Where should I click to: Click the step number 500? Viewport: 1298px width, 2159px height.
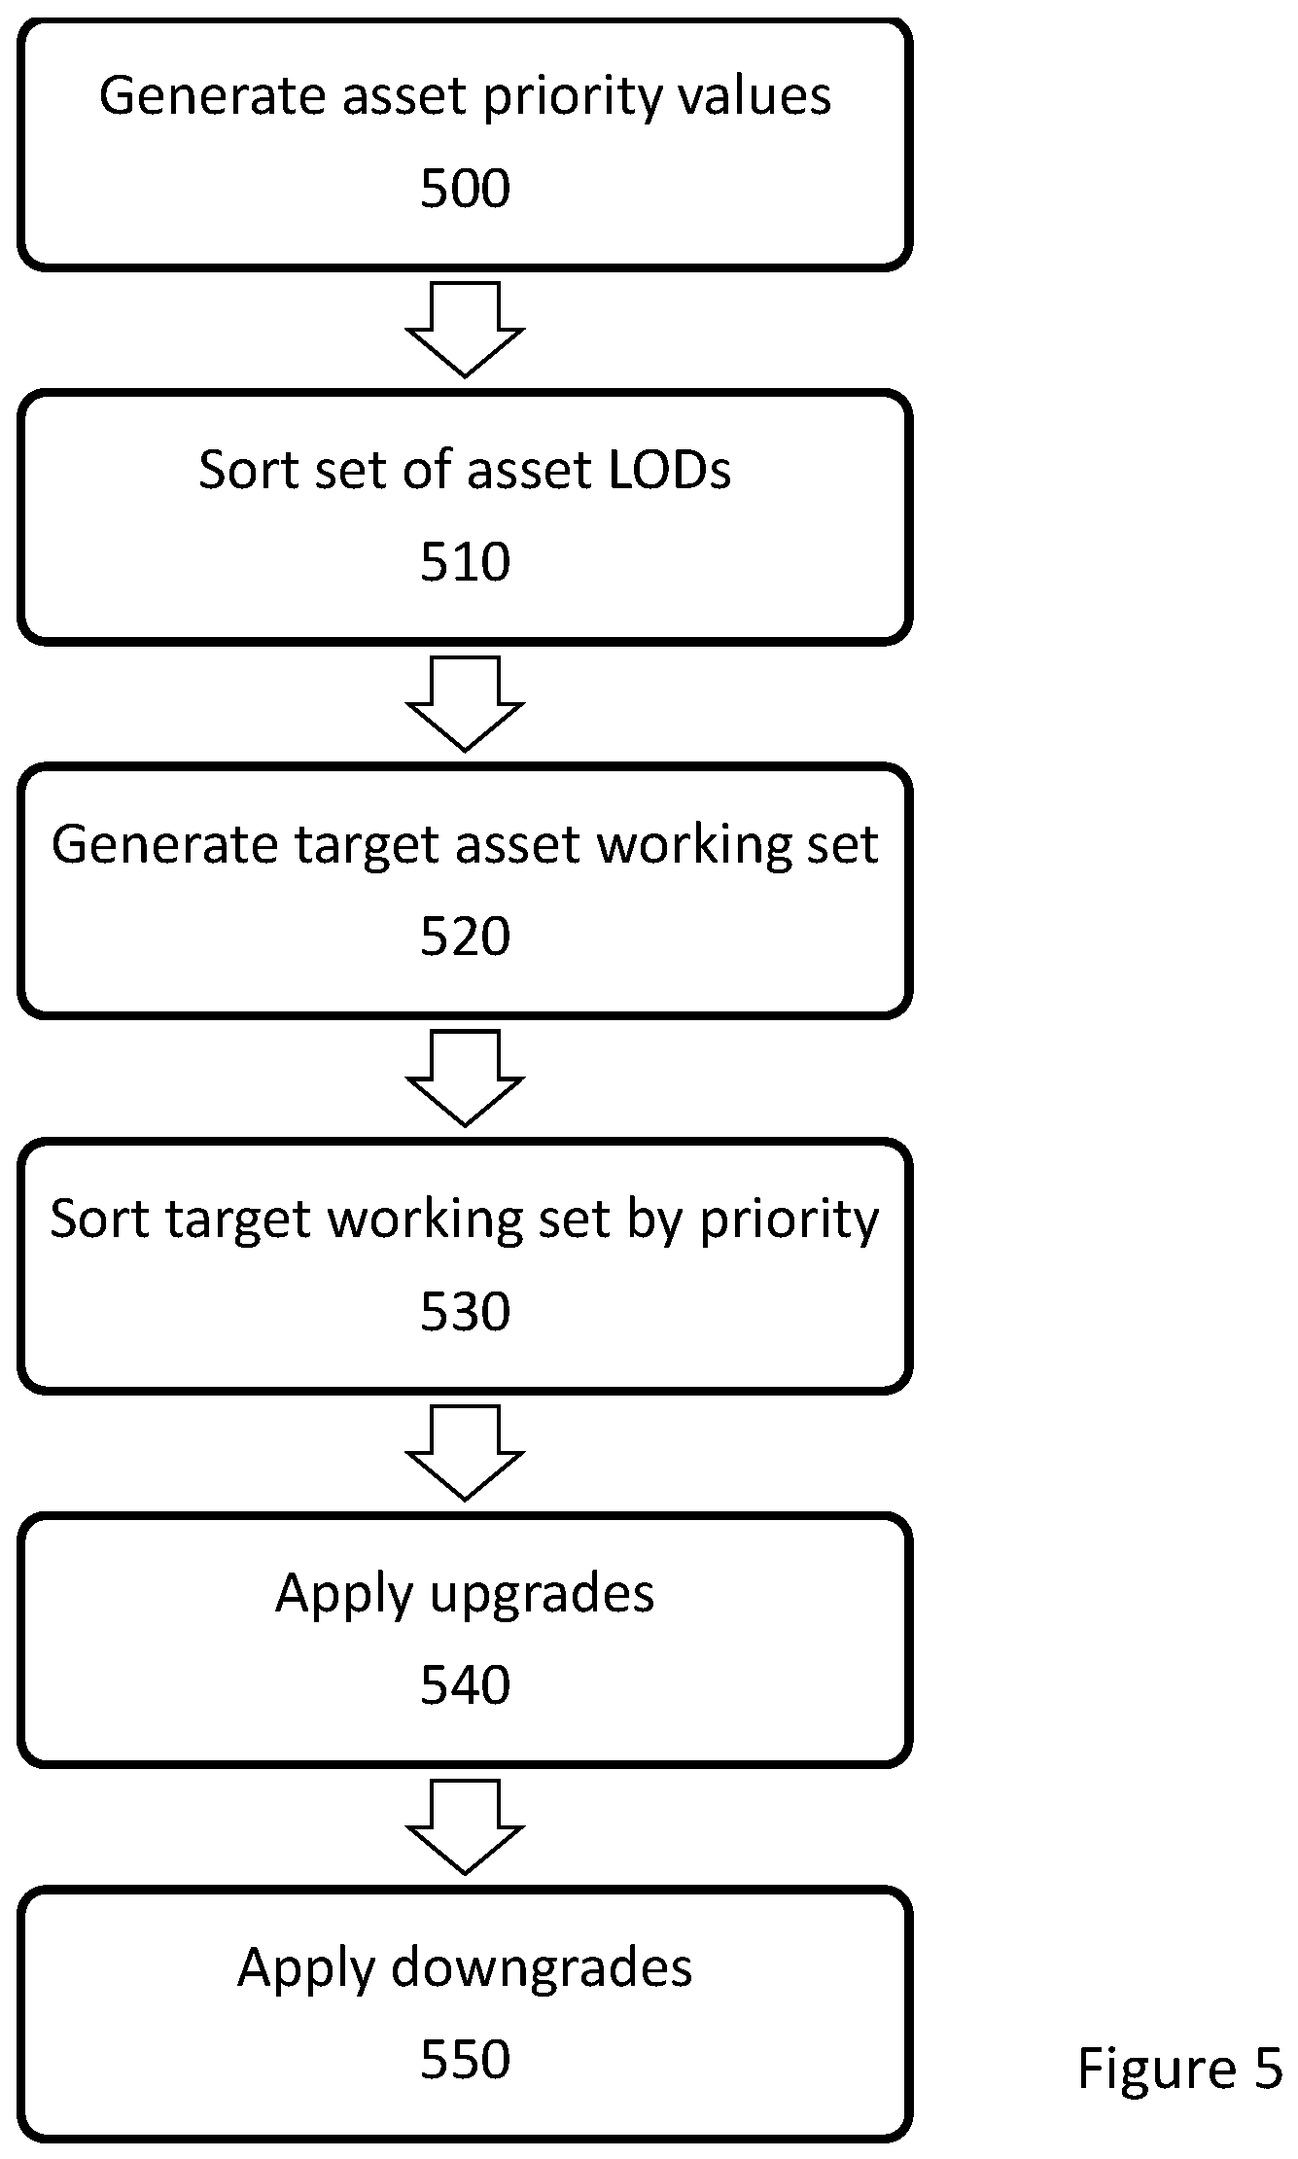click(465, 188)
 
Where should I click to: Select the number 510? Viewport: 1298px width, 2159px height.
click(465, 562)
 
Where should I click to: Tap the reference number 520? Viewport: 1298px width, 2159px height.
click(465, 937)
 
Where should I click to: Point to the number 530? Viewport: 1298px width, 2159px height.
click(465, 1311)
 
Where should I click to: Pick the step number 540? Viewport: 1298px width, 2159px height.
click(465, 1685)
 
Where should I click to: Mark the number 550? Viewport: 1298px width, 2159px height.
click(465, 2060)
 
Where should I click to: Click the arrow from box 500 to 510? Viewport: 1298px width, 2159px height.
click(465, 330)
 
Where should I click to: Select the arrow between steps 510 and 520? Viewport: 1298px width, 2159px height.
click(465, 704)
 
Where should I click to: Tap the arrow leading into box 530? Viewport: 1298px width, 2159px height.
click(465, 1079)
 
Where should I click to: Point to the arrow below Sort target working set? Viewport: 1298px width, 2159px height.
click(465, 1453)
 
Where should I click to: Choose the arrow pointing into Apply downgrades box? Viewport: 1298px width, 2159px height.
click(465, 1827)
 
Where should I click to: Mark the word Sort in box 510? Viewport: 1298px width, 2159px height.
click(244, 470)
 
